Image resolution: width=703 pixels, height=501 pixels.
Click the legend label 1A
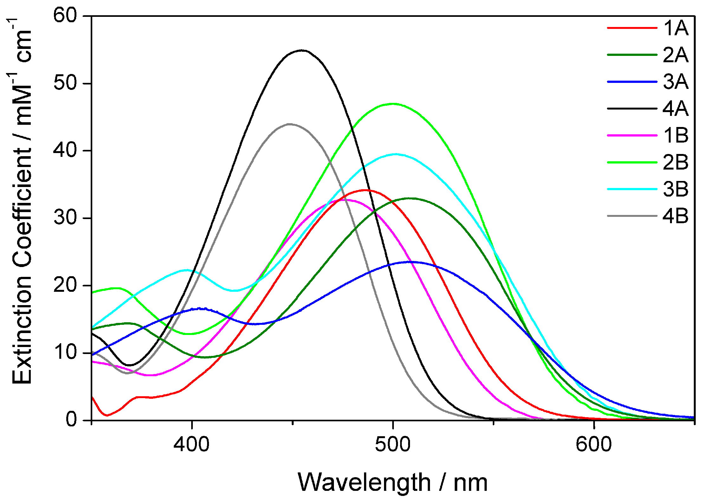(675, 28)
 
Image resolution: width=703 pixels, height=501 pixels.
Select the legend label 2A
(675, 55)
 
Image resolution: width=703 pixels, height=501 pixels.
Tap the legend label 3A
(675, 82)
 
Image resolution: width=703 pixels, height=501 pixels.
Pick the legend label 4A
(675, 109)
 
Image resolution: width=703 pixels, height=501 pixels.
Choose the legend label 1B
(675, 136)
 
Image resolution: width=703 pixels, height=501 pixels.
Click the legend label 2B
(675, 163)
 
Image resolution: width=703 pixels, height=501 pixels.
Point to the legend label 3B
(675, 189)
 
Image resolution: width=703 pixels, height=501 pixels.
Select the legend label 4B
(675, 216)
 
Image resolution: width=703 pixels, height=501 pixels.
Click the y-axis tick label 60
(66, 15)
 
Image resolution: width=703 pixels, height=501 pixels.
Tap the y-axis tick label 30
(66, 218)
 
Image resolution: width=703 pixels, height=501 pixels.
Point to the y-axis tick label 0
(72, 419)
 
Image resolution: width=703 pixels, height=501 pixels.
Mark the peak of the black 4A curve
(302, 50)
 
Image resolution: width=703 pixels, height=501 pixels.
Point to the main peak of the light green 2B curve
(393, 104)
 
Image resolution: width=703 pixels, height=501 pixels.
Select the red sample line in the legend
(632, 28)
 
